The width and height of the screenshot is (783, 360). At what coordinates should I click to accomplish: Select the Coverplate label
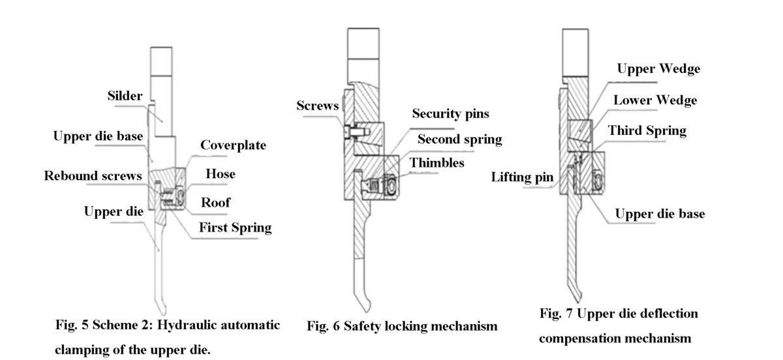(x=233, y=145)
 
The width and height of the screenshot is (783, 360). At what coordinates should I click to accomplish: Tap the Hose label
(x=220, y=174)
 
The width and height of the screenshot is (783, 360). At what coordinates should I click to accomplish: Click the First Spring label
(x=235, y=228)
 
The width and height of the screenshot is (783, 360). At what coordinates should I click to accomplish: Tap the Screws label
(x=317, y=105)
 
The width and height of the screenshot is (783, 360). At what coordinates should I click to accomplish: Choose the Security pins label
(x=451, y=113)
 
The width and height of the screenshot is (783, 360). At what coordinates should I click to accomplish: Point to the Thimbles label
(x=437, y=162)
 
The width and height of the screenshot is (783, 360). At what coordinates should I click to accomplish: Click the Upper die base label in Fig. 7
(x=659, y=214)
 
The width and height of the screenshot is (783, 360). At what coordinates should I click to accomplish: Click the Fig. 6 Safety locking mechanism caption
(x=402, y=325)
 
